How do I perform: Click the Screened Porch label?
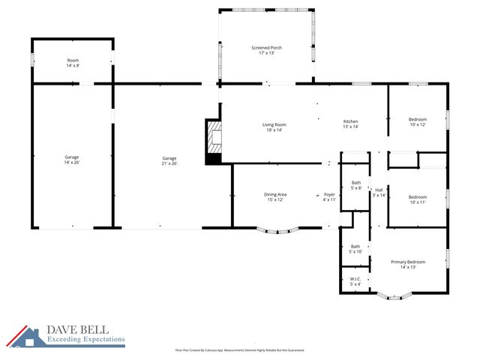[266, 50]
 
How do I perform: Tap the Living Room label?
[274, 127]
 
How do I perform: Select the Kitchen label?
[351, 124]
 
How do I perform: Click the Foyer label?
[329, 196]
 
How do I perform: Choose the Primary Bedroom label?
[408, 264]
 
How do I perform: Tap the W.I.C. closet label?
[355, 281]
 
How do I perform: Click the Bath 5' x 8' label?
[355, 185]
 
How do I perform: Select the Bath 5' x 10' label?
[355, 249]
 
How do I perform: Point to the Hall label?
[379, 192]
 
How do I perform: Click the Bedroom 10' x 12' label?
[417, 122]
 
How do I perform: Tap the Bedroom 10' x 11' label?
[417, 199]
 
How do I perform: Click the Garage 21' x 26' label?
[169, 160]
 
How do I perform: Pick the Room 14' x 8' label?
[73, 63]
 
